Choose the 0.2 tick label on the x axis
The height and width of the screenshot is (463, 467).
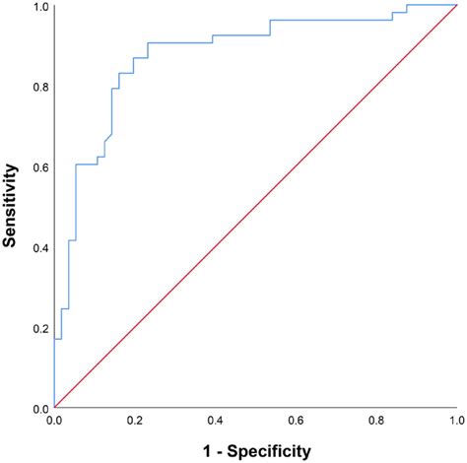pyautogui.click(x=135, y=421)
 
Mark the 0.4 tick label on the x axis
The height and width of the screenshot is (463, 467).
pyautogui.click(x=215, y=421)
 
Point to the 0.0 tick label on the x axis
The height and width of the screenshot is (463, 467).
pyautogui.click(x=55, y=421)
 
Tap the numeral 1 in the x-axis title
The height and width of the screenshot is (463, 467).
pyautogui.click(x=204, y=450)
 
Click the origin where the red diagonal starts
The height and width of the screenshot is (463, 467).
pyautogui.click(x=55, y=407)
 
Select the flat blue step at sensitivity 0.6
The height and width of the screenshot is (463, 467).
pyautogui.click(x=86, y=164)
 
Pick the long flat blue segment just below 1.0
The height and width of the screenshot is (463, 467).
pyautogui.click(x=330, y=20)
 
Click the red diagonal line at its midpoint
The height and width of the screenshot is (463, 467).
pyautogui.click(x=255, y=206)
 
